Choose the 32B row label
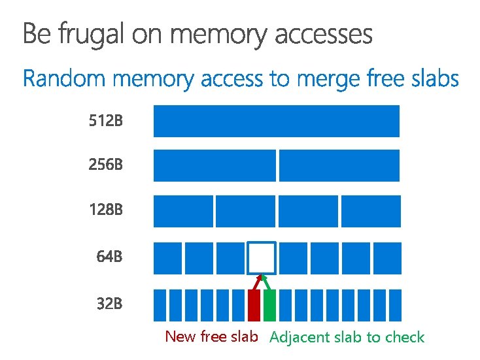click(109, 304)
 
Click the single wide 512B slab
click(276, 121)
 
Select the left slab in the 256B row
click(214, 165)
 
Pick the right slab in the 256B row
click(339, 165)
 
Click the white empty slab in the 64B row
click(261, 257)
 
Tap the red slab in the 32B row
click(254, 305)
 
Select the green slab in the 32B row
click(269, 305)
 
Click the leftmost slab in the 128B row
click(183, 211)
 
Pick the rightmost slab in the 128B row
click(370, 211)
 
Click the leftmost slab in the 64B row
click(167, 257)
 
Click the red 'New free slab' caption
click(211, 337)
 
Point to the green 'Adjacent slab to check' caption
click(347, 338)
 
